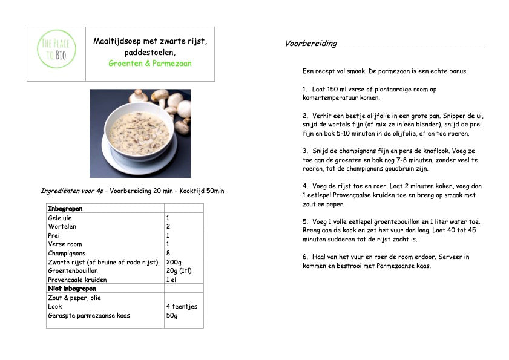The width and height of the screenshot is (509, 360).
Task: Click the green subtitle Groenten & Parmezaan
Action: tap(149, 63)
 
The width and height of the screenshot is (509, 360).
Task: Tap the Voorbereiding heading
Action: tap(310, 44)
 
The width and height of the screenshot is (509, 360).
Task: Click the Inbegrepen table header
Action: tap(65, 209)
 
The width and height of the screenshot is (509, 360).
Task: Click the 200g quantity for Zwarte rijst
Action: tap(174, 262)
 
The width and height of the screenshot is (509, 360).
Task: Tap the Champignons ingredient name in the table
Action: tap(67, 253)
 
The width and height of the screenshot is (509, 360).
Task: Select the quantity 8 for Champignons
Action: tap(168, 253)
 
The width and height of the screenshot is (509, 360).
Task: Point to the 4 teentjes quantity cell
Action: tap(182, 306)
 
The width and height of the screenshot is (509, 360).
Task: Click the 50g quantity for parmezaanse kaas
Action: tap(172, 315)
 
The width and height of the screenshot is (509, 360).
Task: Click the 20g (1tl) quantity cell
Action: tap(179, 271)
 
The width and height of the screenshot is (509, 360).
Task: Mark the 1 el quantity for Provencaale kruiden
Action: tap(171, 280)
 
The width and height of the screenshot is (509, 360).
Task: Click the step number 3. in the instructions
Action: tap(306, 151)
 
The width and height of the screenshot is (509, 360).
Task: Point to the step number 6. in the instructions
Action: tap(306, 257)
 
